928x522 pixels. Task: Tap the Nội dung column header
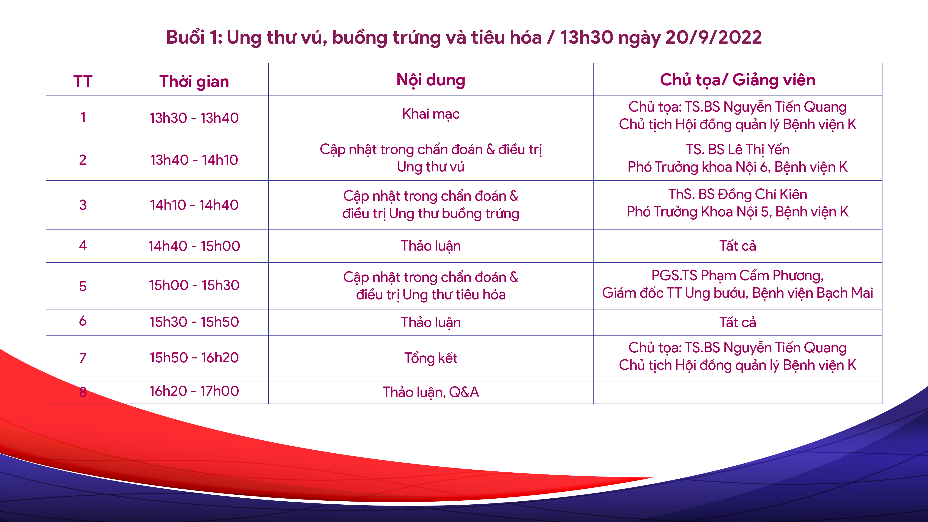click(431, 80)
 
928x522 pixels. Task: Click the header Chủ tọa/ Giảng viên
click(737, 80)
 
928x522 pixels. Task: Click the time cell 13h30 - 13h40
click(194, 118)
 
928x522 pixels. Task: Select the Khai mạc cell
click(431, 114)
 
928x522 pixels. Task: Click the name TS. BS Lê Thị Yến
click(737, 149)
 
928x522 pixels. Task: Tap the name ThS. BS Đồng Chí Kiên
click(737, 194)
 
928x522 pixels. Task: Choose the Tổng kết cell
click(431, 358)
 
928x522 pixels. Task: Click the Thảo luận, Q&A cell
click(431, 392)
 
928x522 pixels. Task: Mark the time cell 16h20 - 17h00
click(194, 391)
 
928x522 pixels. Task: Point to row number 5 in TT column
click(83, 286)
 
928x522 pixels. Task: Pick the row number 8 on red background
click(83, 392)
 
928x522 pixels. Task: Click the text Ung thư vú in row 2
click(431, 167)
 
